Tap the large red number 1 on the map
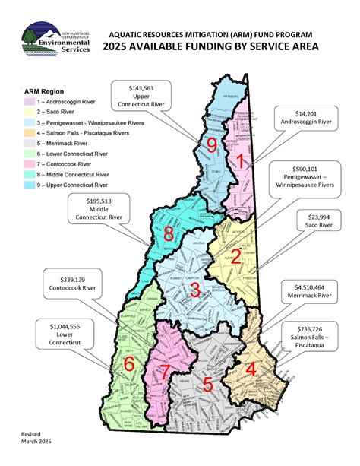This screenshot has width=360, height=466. (x=240, y=160)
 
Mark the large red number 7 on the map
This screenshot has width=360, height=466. (x=166, y=371)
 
